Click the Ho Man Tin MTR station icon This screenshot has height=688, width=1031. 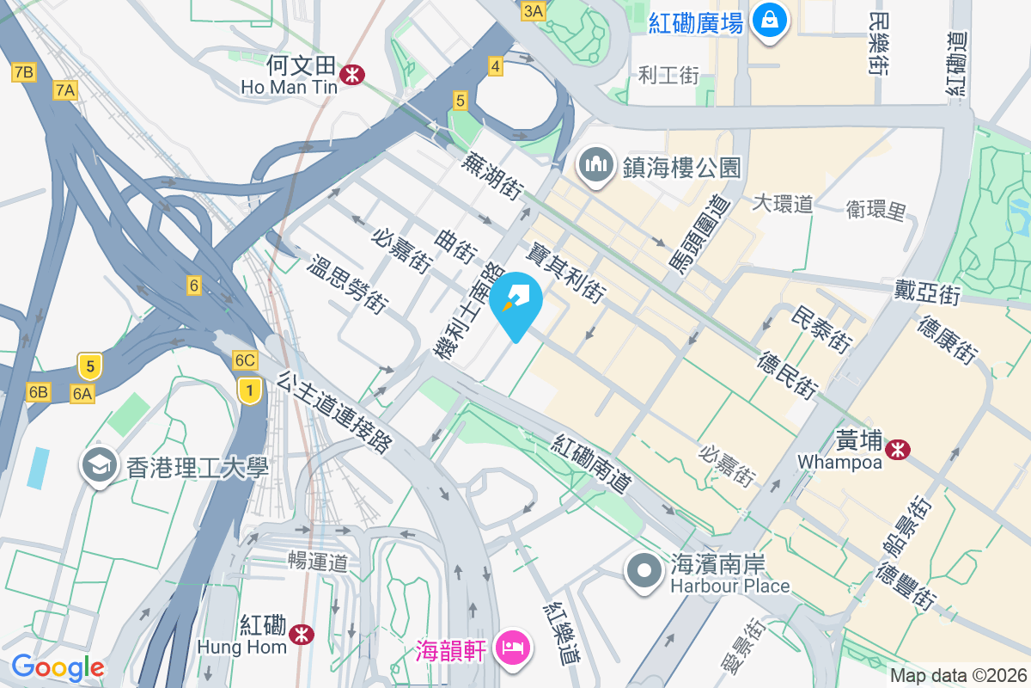pos(351,75)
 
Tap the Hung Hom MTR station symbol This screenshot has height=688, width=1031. pos(301,635)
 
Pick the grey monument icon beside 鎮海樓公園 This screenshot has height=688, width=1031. pos(595,166)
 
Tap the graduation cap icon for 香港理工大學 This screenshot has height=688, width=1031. pos(100,465)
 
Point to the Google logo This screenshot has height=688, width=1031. pos(58,666)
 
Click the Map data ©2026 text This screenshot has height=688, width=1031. pos(958,675)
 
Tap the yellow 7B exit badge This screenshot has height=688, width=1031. pos(23,72)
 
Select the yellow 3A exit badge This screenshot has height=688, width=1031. pos(533,10)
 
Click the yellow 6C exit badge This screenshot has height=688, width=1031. pos(246,360)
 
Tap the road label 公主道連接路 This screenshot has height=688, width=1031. pos(335,412)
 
